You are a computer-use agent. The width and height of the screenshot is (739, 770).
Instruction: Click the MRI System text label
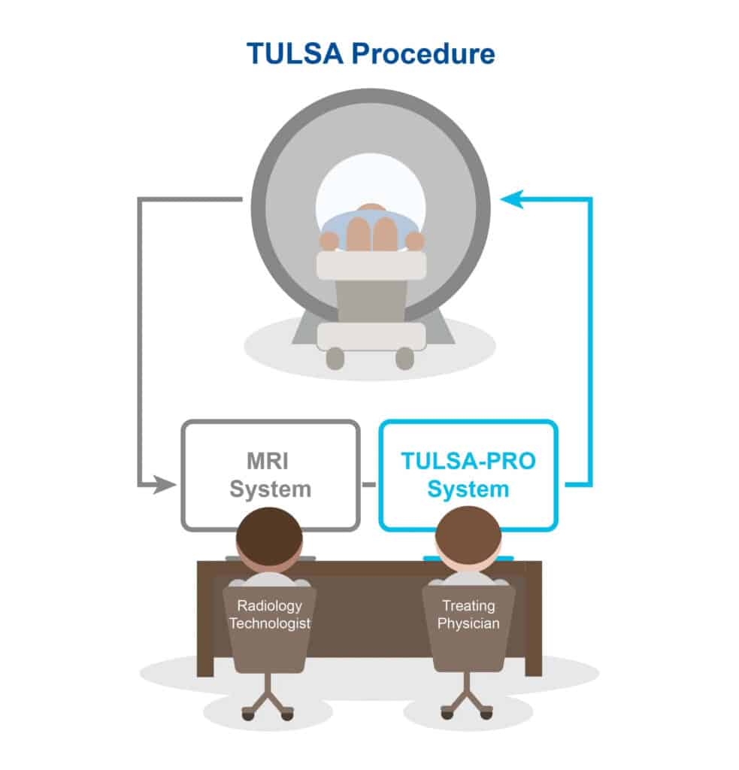[x=270, y=475]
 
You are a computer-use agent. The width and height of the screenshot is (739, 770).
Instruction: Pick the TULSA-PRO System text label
[x=468, y=475]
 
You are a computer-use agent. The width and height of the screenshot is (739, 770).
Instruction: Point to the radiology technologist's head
[x=269, y=538]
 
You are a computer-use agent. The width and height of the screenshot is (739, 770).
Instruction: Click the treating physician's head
[x=468, y=538]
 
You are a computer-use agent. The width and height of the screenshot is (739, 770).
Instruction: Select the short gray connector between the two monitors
[x=369, y=484]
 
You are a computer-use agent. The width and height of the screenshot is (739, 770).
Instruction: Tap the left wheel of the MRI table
[x=335, y=358]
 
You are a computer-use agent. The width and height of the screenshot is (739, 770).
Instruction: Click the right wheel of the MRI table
[x=404, y=358]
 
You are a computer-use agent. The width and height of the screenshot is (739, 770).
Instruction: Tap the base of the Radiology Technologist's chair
[x=269, y=703]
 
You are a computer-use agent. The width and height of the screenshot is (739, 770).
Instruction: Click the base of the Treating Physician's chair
[x=468, y=703]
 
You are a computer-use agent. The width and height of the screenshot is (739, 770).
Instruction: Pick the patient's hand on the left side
[x=329, y=241]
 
